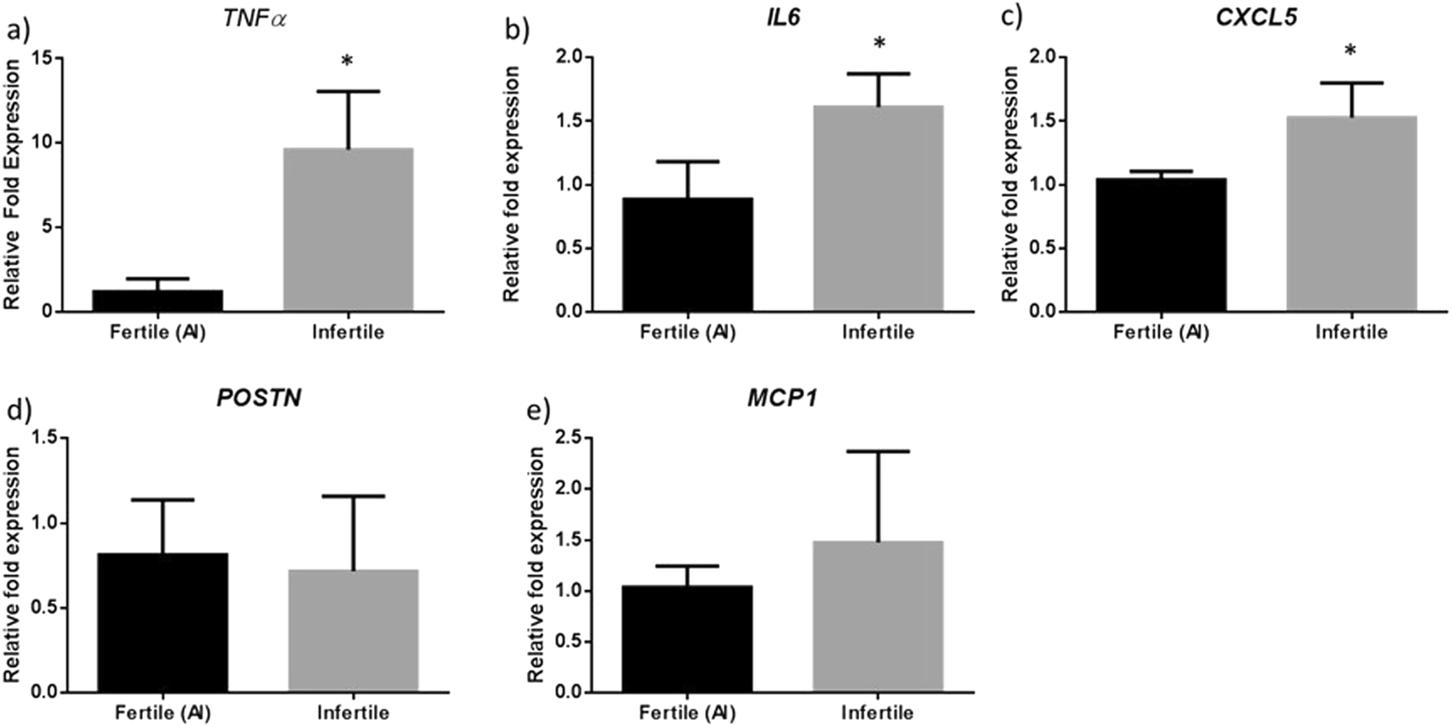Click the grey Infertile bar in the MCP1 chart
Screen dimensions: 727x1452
[877, 615]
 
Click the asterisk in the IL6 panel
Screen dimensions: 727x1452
[878, 43]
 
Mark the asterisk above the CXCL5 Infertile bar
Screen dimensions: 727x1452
[1350, 51]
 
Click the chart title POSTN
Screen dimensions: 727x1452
[259, 398]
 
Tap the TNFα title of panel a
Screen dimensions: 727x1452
[257, 18]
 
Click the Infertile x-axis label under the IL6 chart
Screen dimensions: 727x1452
[877, 332]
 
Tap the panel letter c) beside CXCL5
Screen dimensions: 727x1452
[1010, 18]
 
